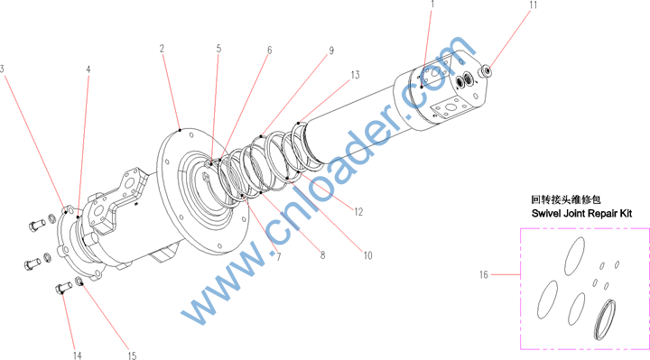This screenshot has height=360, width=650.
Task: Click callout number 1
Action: point(432,5)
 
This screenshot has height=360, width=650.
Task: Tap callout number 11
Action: point(534,5)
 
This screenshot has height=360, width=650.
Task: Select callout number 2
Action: point(162,49)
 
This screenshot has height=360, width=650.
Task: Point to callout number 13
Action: point(356,75)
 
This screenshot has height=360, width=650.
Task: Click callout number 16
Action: point(484,274)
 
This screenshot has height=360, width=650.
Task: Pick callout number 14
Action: point(78,355)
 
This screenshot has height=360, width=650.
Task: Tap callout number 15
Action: point(132,355)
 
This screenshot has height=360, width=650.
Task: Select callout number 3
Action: point(2,69)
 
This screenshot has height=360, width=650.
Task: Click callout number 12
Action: point(358,212)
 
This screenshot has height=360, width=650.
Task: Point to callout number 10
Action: point(368,255)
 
